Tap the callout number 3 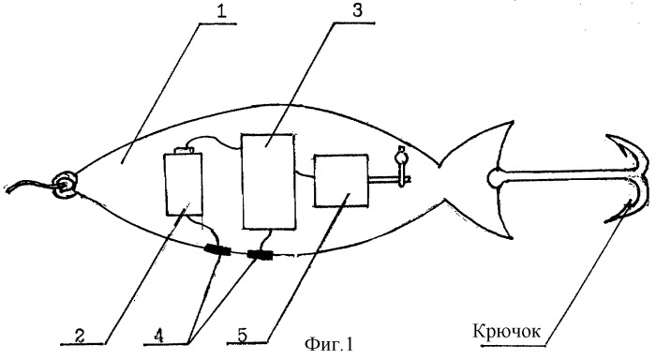[x=357, y=9]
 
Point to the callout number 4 [x=158, y=336]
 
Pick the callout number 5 [x=242, y=336]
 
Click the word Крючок [x=507, y=331]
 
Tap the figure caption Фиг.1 [x=329, y=344]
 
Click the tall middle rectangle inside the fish [x=269, y=181]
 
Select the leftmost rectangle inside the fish [x=184, y=184]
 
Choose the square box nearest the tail [x=341, y=180]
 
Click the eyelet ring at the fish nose [x=64, y=185]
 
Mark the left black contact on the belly [x=217, y=250]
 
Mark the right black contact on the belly [x=260, y=254]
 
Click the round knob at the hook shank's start [x=496, y=177]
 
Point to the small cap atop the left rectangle [x=183, y=150]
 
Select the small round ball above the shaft [x=401, y=157]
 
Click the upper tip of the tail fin [x=513, y=122]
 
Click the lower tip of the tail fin [x=511, y=237]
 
